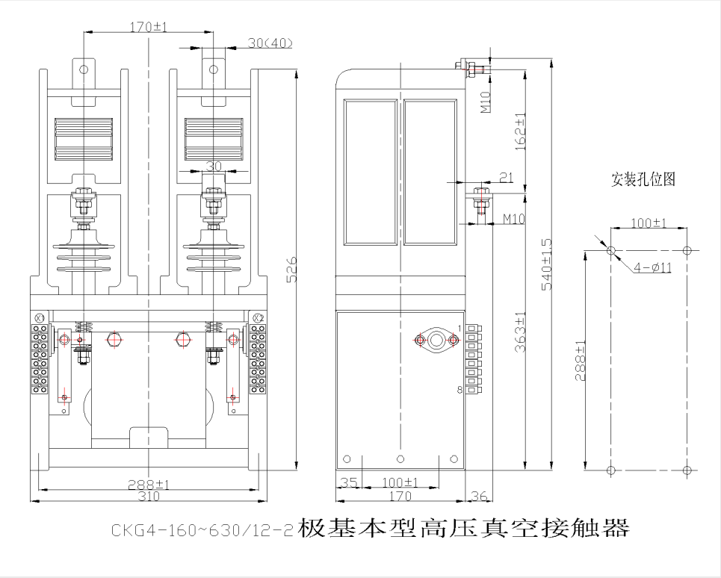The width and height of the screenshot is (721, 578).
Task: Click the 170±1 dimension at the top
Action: pyautogui.click(x=149, y=27)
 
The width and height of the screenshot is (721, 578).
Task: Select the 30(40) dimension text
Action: pyautogui.click(x=270, y=43)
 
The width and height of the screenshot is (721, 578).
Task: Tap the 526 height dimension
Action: pyautogui.click(x=293, y=270)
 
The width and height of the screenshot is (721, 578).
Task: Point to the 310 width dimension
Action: pyautogui.click(x=148, y=496)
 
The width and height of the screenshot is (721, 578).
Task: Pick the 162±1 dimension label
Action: pyautogui.click(x=520, y=131)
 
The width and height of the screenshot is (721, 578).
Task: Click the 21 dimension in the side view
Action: pyautogui.click(x=506, y=177)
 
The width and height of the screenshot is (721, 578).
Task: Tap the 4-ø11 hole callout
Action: pyautogui.click(x=652, y=267)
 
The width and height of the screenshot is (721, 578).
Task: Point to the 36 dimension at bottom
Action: pyautogui.click(x=480, y=495)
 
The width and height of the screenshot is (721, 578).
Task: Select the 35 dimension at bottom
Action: pyautogui.click(x=348, y=483)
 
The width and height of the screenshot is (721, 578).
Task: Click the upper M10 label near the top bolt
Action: pyautogui.click(x=486, y=102)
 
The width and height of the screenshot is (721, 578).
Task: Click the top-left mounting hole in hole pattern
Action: pyautogui.click(x=611, y=251)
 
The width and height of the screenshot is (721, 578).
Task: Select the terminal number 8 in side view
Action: pyautogui.click(x=460, y=390)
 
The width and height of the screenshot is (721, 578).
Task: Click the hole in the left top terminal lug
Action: pyautogui.click(x=84, y=69)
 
